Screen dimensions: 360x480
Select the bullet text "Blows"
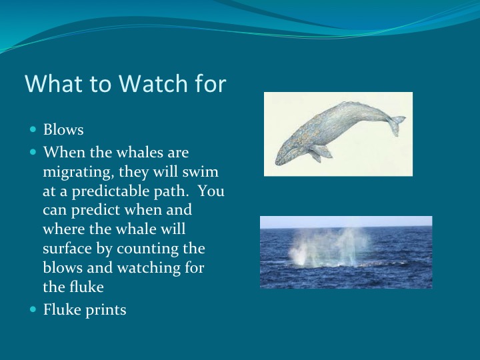[63, 129]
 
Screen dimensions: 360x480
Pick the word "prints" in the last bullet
[105, 309]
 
